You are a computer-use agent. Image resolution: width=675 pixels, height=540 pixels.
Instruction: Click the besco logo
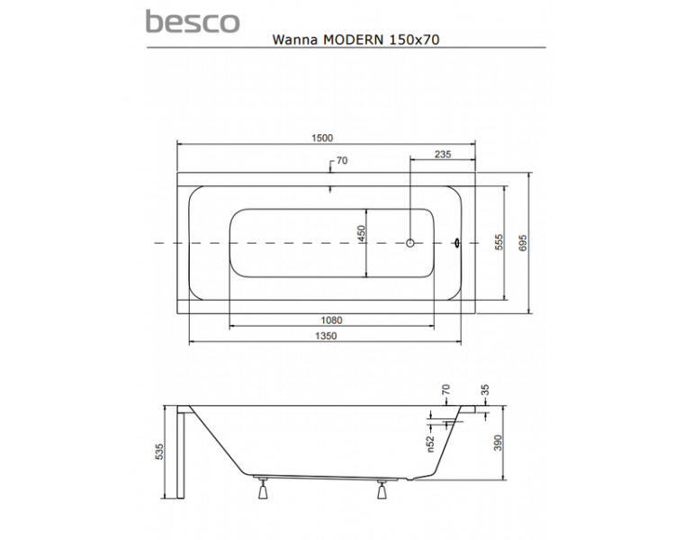point(193,22)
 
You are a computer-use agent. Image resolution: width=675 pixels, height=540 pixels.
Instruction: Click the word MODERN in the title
point(353,40)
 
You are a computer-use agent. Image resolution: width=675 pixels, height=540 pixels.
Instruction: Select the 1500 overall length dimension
point(322,138)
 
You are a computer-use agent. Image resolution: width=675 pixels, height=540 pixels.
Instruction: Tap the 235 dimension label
point(443,154)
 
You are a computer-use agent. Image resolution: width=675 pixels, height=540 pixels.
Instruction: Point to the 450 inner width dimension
point(361,233)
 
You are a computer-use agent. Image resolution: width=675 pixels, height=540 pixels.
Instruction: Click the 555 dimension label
point(499,243)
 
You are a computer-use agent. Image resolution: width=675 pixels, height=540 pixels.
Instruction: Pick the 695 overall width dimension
point(523,243)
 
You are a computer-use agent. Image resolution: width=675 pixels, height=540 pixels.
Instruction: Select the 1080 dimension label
point(331,320)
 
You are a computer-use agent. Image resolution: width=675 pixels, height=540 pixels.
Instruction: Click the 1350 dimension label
point(326,336)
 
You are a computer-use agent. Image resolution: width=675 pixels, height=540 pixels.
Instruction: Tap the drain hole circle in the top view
point(410,243)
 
